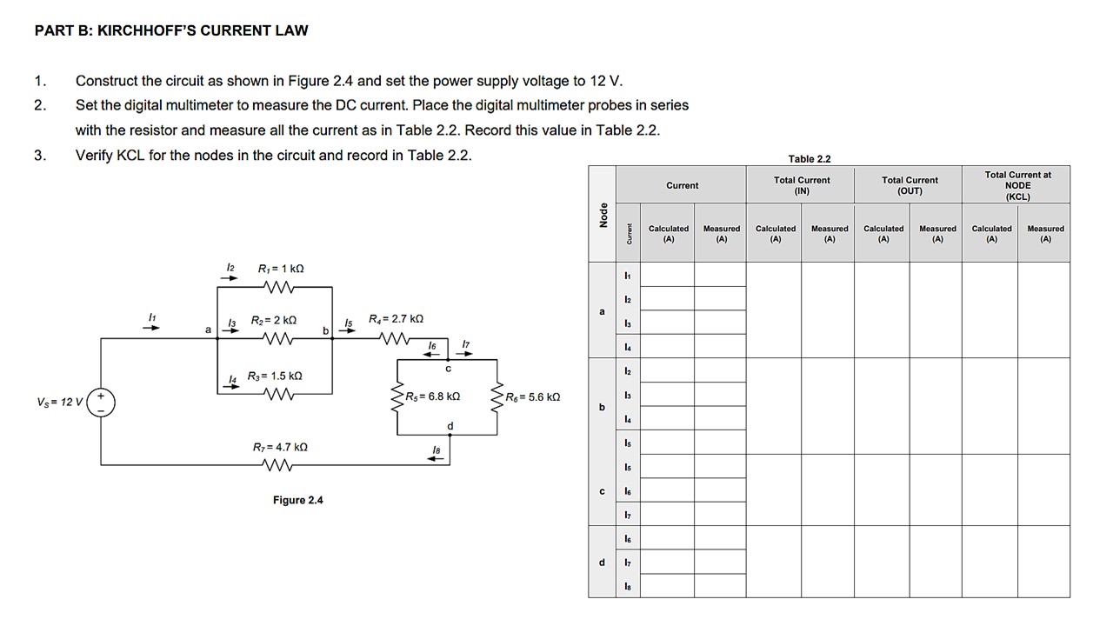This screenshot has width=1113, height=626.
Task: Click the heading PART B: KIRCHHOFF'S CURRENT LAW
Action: click(x=171, y=30)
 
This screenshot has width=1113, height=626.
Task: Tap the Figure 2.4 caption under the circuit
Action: click(x=297, y=500)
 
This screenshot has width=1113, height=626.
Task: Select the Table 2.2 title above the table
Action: click(x=809, y=158)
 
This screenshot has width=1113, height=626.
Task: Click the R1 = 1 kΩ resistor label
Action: click(x=281, y=269)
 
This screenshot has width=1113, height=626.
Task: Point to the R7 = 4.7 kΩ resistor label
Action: click(x=280, y=447)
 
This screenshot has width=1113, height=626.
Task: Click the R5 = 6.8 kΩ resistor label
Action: click(x=432, y=396)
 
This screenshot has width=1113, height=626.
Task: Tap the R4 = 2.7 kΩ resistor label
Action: click(x=396, y=319)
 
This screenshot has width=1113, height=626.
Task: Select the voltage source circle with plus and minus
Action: click(x=102, y=403)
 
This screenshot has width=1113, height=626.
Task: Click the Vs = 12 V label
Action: click(x=59, y=403)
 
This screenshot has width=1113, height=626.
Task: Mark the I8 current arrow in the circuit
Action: click(x=437, y=456)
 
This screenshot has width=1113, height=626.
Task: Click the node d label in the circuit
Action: click(x=450, y=426)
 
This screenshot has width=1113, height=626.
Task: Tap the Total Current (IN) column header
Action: click(x=802, y=185)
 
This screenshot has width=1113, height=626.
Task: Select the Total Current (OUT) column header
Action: click(x=910, y=185)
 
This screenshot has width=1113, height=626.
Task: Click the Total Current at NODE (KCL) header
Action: click(x=1017, y=185)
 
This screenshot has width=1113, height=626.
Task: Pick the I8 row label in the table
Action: click(x=627, y=587)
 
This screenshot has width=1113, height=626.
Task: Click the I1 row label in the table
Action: click(x=627, y=276)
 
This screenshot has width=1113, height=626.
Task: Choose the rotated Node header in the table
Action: click(x=602, y=214)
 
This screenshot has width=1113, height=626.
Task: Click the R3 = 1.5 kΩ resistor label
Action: click(x=274, y=376)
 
